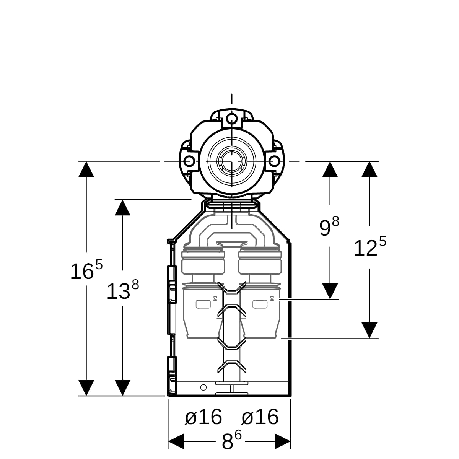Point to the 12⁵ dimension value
click(370, 247)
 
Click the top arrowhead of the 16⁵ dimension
click(86, 169)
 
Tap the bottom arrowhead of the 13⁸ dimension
click(122, 388)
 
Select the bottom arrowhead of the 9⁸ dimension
click(330, 291)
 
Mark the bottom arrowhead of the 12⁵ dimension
click(369, 330)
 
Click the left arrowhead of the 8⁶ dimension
click(176, 441)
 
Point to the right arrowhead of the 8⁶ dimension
click(283, 441)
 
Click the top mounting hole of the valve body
click(232, 118)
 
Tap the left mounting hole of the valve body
click(189, 161)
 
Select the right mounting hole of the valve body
click(274, 161)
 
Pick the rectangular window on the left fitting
click(203, 304)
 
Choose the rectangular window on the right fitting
click(260, 304)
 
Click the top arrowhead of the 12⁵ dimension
click(369, 169)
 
